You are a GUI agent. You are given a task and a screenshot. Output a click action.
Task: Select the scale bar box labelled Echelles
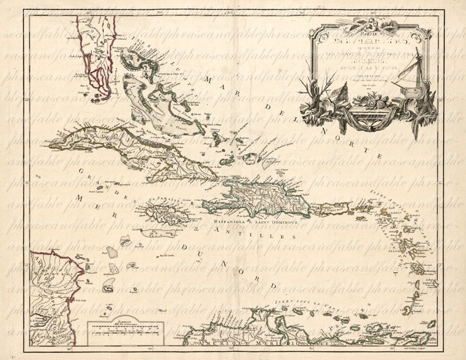(121, 331)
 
